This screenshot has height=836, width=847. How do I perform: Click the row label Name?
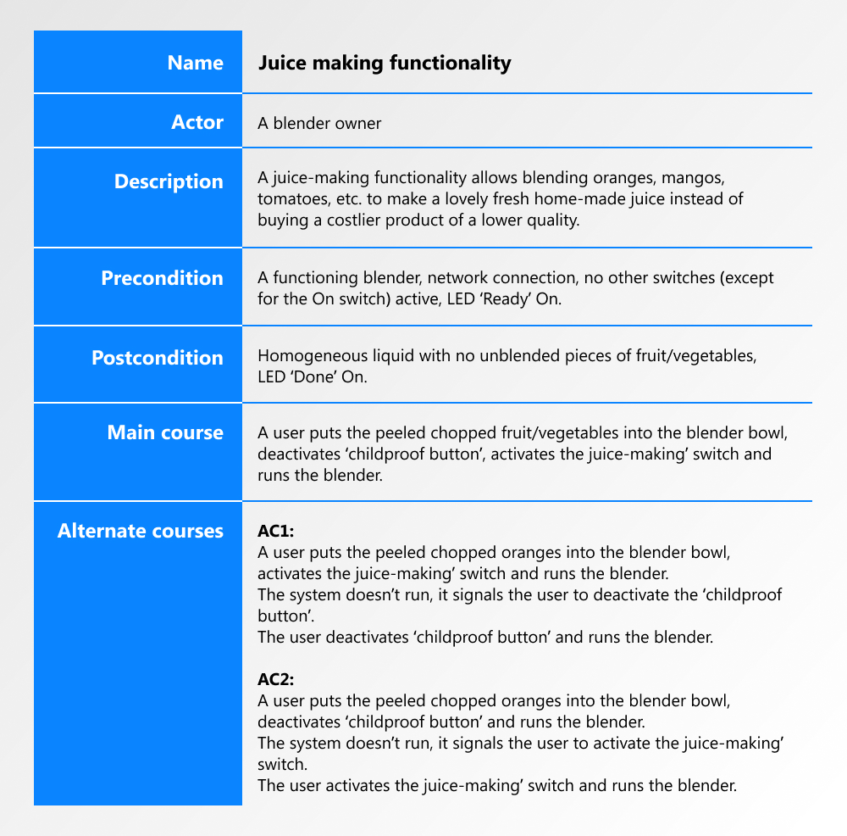195,63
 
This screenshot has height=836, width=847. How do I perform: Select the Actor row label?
197,122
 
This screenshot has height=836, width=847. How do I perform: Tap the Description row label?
169,181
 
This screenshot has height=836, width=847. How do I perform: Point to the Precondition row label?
162,278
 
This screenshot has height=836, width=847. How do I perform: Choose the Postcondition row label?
157,358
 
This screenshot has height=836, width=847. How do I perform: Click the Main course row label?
165,432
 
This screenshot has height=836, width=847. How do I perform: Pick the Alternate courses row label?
141,531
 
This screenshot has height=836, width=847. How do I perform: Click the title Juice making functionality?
384,63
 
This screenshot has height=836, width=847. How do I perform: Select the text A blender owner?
319,124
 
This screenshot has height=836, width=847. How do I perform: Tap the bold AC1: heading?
275,532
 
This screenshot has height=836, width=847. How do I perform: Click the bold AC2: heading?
275,680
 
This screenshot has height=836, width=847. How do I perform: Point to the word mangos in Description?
691,179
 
